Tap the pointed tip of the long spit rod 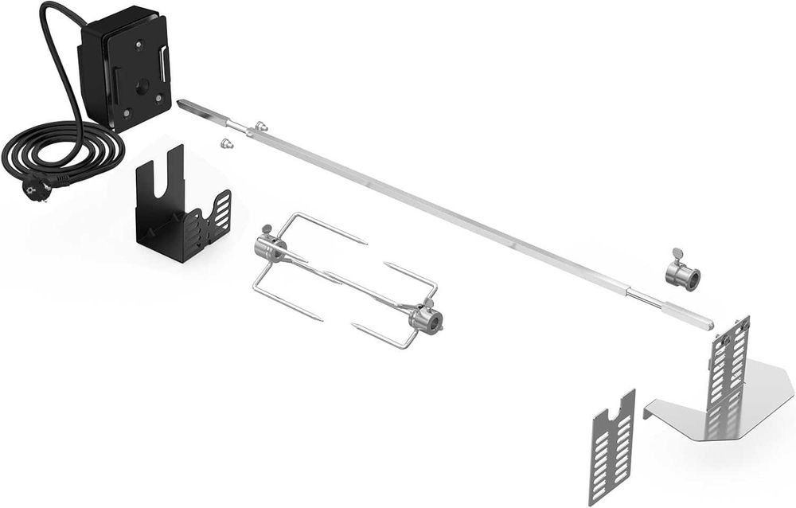tap(182, 104)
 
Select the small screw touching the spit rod tap(260, 126)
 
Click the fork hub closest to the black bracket tap(268, 248)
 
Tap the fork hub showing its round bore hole tap(427, 319)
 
